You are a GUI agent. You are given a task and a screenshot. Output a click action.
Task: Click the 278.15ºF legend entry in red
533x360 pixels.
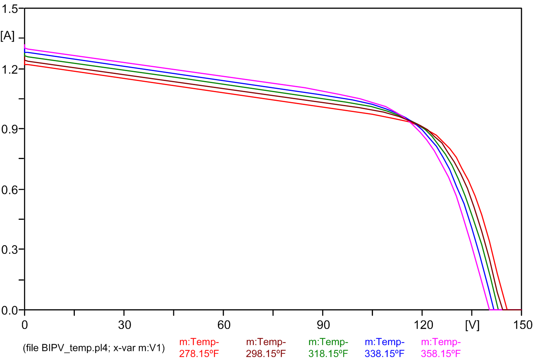[x=199, y=348]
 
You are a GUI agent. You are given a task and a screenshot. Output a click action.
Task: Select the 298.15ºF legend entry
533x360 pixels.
[x=265, y=348]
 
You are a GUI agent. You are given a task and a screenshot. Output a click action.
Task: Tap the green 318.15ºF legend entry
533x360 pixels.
[x=328, y=348]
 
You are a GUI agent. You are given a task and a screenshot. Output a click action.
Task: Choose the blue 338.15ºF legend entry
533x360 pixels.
[x=384, y=348]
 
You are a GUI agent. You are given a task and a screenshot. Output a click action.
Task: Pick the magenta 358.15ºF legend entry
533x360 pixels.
[x=440, y=348]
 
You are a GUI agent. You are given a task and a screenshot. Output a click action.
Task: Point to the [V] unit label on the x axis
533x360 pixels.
[x=472, y=325]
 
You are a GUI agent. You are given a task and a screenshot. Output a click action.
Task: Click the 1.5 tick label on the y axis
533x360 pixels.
[x=10, y=9]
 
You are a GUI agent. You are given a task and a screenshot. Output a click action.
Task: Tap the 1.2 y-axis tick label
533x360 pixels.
[x=10, y=69]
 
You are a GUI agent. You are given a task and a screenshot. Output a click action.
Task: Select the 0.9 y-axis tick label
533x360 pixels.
[x=10, y=129]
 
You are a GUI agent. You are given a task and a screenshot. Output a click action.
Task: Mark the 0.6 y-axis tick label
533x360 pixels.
[x=10, y=189]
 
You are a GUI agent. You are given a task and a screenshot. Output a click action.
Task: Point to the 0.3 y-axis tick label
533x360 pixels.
[x=10, y=249]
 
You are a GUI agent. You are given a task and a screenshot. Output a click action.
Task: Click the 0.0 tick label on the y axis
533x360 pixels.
[x=10, y=310]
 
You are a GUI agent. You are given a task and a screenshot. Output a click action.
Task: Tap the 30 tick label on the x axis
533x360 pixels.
[x=124, y=325]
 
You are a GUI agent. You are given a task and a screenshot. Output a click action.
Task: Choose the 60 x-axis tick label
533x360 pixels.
[x=223, y=325]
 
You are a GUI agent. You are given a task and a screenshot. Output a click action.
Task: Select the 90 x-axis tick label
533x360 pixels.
[x=323, y=325]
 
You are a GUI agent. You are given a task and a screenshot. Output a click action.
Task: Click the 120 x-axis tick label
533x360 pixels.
[x=422, y=325]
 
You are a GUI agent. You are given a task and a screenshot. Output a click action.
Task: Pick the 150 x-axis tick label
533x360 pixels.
[x=521, y=325]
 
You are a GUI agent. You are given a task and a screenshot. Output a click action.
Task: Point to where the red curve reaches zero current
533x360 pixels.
[x=507, y=309]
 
